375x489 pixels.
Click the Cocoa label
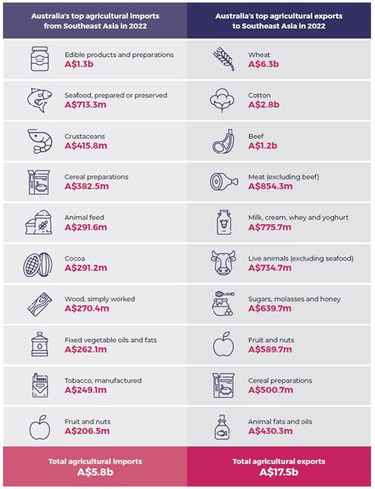(77, 257)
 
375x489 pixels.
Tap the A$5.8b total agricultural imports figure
(94, 472)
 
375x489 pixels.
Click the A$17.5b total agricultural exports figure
(280, 472)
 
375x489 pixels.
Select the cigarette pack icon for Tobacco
(37, 386)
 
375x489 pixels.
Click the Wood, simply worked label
(99, 299)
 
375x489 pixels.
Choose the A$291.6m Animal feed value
(87, 228)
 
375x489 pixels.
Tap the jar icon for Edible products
(37, 59)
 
